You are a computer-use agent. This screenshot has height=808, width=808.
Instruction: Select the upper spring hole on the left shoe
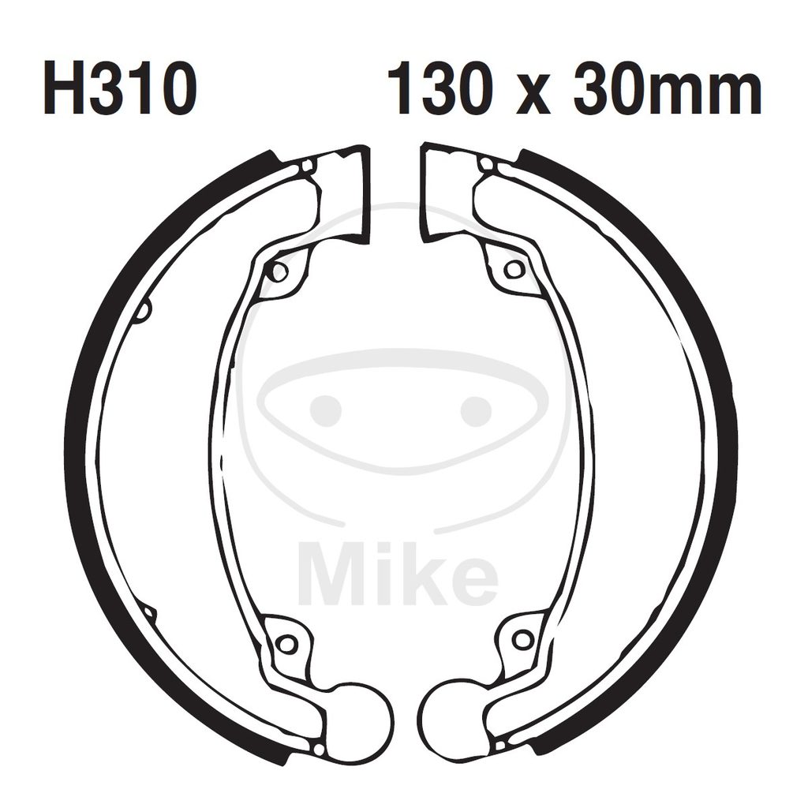279,270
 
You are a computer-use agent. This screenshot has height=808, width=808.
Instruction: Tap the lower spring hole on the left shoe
286,644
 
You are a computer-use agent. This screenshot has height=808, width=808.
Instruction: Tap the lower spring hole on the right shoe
522,641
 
